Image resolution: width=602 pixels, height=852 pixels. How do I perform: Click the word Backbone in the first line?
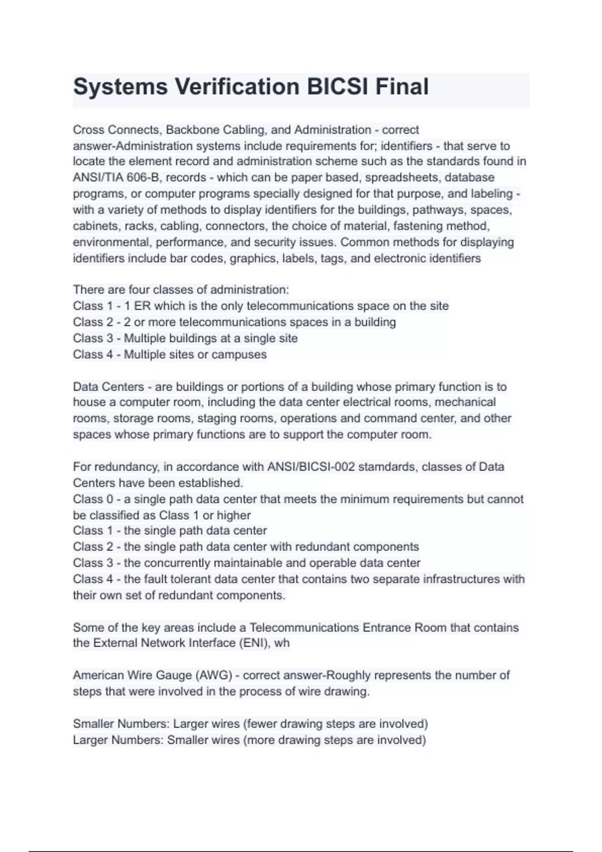click(190, 130)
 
